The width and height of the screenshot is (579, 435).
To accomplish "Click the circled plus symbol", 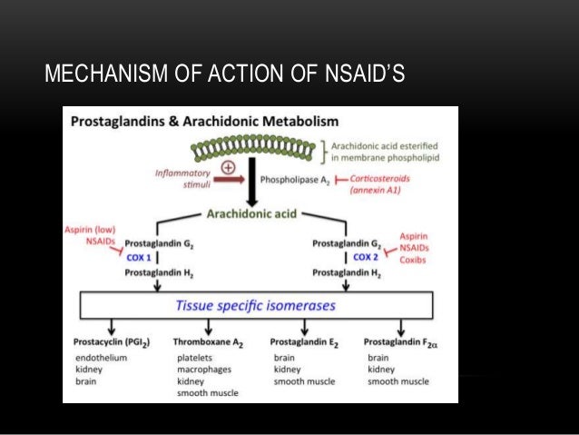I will pyautogui.click(x=228, y=168).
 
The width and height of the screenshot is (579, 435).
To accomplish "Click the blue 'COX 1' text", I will pyautogui.click(x=141, y=257).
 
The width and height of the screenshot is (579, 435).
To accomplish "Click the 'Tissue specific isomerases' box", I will pyautogui.click(x=256, y=306).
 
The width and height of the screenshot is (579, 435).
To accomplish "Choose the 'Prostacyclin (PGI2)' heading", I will pyautogui.click(x=112, y=342).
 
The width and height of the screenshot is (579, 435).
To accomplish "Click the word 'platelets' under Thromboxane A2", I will pyautogui.click(x=194, y=358).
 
